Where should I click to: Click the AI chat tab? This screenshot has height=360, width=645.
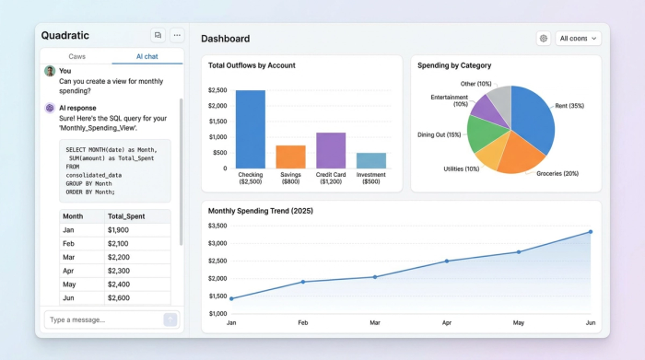(x=147, y=56)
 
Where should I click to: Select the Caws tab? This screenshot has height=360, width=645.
(x=76, y=56)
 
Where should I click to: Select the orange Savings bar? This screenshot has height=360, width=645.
(x=290, y=157)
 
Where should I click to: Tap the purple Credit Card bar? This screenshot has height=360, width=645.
(x=331, y=150)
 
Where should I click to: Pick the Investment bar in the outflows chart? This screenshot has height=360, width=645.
(x=371, y=160)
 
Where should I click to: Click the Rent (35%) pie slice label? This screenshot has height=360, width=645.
(x=569, y=106)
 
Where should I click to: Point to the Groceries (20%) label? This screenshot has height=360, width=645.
(x=557, y=173)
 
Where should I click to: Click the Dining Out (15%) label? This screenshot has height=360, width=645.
(x=439, y=135)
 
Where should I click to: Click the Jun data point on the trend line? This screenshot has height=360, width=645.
(x=590, y=232)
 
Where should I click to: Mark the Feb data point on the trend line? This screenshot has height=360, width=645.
(x=303, y=282)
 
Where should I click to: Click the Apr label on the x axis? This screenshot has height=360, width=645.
(x=447, y=323)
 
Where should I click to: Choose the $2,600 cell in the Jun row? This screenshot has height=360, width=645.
(x=118, y=298)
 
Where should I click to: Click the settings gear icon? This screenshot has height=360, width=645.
(x=544, y=39)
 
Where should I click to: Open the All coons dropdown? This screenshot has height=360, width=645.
(x=579, y=39)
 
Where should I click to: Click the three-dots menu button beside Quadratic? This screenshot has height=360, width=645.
(x=177, y=35)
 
